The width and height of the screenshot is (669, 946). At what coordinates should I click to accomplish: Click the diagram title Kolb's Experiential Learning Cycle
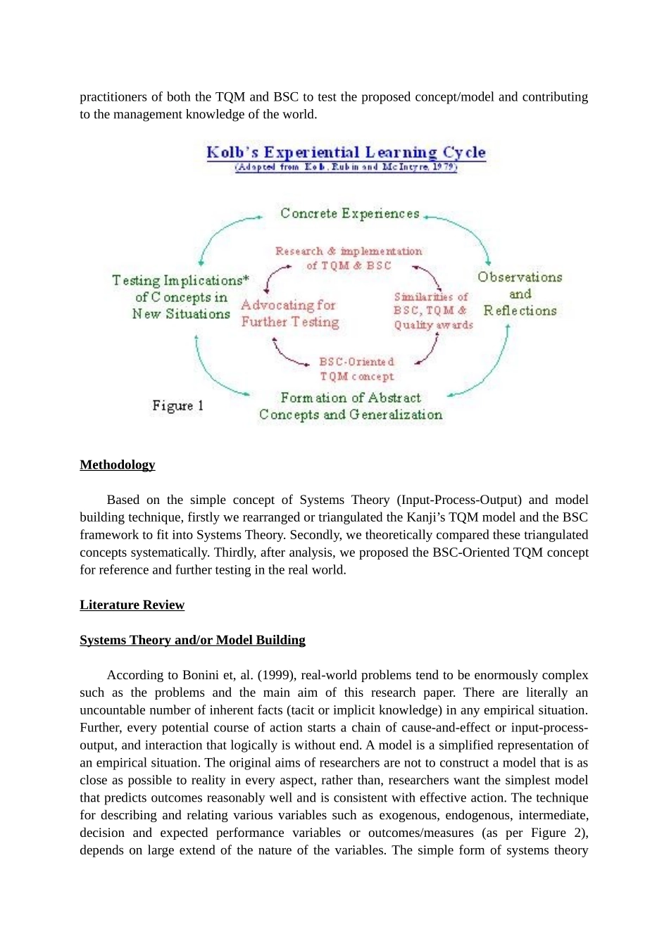pos(346,152)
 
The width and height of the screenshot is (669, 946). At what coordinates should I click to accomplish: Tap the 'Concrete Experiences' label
pos(349,213)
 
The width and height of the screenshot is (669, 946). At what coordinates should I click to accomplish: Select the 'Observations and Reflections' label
pos(520,294)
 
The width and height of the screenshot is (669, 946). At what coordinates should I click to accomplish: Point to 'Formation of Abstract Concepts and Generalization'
pos(351,407)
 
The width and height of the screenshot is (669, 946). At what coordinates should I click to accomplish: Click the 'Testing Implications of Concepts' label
pos(181,297)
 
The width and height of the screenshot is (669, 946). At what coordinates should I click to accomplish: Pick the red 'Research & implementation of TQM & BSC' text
pos(349,258)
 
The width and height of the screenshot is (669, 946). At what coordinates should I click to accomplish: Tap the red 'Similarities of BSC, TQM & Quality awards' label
pos(432,310)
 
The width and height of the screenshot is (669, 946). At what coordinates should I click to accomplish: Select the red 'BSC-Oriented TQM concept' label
pos(357,369)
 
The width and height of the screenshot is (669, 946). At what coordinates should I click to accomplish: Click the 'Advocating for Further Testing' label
pos(289,313)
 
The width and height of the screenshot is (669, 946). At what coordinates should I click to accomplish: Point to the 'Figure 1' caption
pos(177,405)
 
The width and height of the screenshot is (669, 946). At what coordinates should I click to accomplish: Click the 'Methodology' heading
pos(118,465)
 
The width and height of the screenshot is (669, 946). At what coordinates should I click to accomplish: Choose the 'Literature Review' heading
pos(132,605)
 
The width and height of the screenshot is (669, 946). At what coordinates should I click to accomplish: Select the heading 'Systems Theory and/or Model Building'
pos(192,640)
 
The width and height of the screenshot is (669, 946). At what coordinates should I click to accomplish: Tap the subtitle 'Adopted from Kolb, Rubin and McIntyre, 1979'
pos(346,168)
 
